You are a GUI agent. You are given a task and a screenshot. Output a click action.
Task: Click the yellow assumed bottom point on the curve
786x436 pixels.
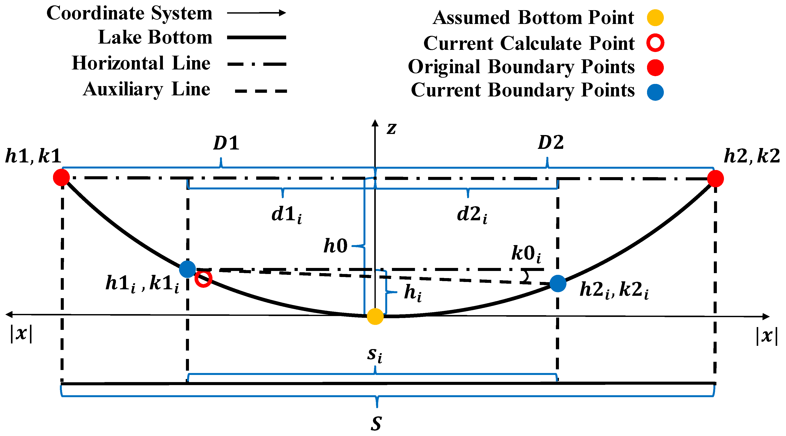(x=375, y=316)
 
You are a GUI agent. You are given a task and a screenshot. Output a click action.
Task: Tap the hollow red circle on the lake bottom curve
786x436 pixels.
(x=203, y=279)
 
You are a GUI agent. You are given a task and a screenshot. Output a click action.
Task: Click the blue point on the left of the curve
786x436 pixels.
(x=187, y=269)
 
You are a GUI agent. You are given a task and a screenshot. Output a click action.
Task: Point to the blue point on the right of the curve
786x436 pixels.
(x=558, y=283)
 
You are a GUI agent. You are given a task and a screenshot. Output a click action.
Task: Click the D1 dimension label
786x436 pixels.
(x=226, y=143)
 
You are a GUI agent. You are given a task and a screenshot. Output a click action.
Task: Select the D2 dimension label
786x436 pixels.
(x=551, y=142)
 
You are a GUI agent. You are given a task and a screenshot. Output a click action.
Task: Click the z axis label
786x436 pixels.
(x=391, y=128)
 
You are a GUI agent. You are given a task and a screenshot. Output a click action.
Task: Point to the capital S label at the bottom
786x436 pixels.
(x=376, y=423)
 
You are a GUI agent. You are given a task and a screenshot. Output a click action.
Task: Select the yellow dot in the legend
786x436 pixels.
(x=655, y=18)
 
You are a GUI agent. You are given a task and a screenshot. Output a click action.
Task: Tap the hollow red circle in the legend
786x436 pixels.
(x=655, y=43)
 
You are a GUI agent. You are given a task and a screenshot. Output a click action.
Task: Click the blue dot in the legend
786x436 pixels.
(x=655, y=92)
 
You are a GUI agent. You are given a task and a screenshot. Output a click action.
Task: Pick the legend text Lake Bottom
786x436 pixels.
(x=155, y=37)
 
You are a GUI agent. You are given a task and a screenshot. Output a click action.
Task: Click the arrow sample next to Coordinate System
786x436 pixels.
(x=256, y=13)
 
